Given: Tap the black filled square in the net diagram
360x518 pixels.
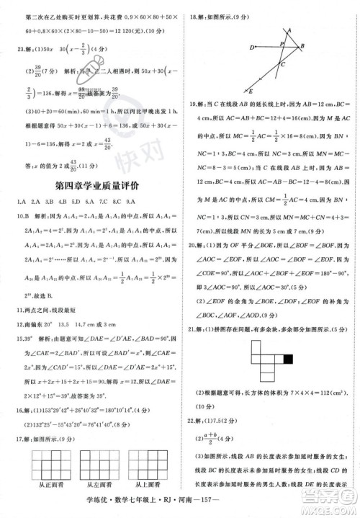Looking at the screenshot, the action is (x=289, y=357).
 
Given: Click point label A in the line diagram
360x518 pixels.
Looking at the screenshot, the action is (x=289, y=30).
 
